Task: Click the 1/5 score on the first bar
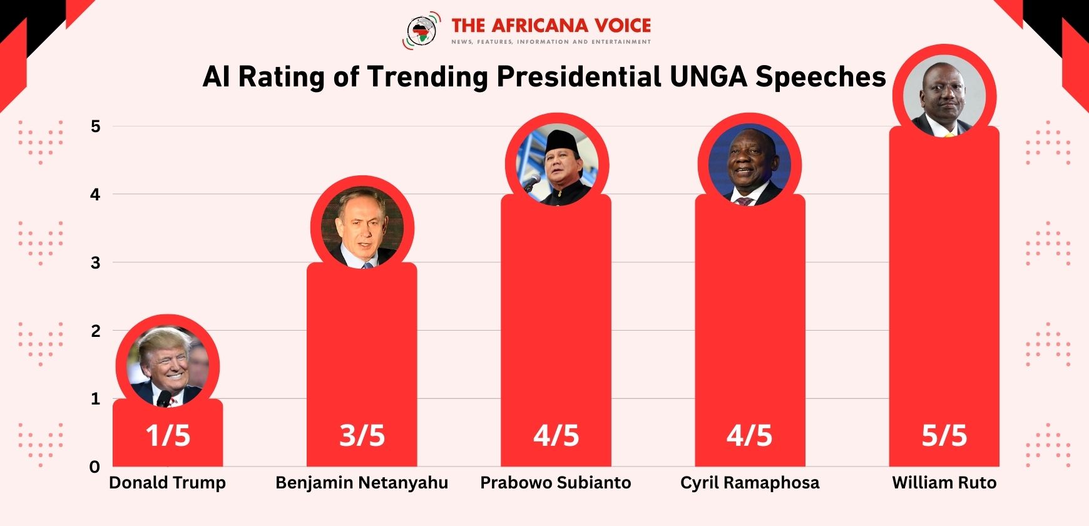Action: click(x=168, y=436)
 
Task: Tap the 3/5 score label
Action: click(x=362, y=436)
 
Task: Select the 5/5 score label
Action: click(x=944, y=436)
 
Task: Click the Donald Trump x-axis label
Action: click(x=167, y=483)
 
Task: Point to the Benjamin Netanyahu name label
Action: click(x=362, y=483)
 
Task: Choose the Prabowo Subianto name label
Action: click(x=556, y=483)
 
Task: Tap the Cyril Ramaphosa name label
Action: click(x=750, y=483)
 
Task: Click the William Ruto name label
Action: click(x=944, y=483)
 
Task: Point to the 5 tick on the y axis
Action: click(x=95, y=126)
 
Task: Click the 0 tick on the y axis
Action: click(x=95, y=467)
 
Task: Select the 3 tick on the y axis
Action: click(x=95, y=262)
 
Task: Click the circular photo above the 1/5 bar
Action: click(x=168, y=366)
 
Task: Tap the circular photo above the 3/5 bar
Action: click(x=362, y=228)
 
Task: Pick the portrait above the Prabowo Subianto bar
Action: click(x=556, y=165)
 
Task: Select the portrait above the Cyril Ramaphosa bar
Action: click(x=750, y=165)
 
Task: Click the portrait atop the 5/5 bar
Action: click(x=944, y=96)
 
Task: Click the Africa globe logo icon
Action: click(x=422, y=30)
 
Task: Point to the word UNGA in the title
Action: click(x=708, y=77)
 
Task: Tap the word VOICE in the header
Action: click(x=623, y=26)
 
